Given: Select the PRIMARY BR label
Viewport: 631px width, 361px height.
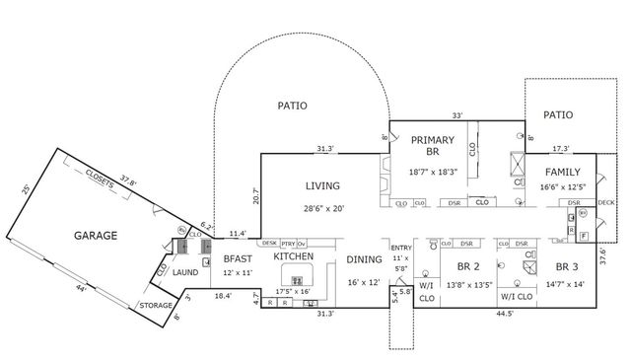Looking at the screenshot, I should click(432, 146).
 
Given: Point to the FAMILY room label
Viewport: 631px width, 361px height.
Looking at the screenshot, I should click(563, 172).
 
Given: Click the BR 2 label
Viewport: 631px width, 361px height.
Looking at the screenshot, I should click(467, 267).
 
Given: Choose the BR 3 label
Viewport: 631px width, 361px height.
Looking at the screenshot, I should click(568, 267).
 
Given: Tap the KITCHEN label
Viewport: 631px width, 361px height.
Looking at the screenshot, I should click(293, 256).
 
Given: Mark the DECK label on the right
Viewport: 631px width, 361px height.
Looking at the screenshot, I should click(606, 203).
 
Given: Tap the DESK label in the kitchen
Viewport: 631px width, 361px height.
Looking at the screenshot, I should click(268, 243).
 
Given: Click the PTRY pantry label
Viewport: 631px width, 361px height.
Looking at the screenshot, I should click(288, 243).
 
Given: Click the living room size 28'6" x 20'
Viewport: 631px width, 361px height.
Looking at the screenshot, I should click(324, 208).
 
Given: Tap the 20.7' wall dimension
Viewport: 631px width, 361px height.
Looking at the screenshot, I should click(255, 194).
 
